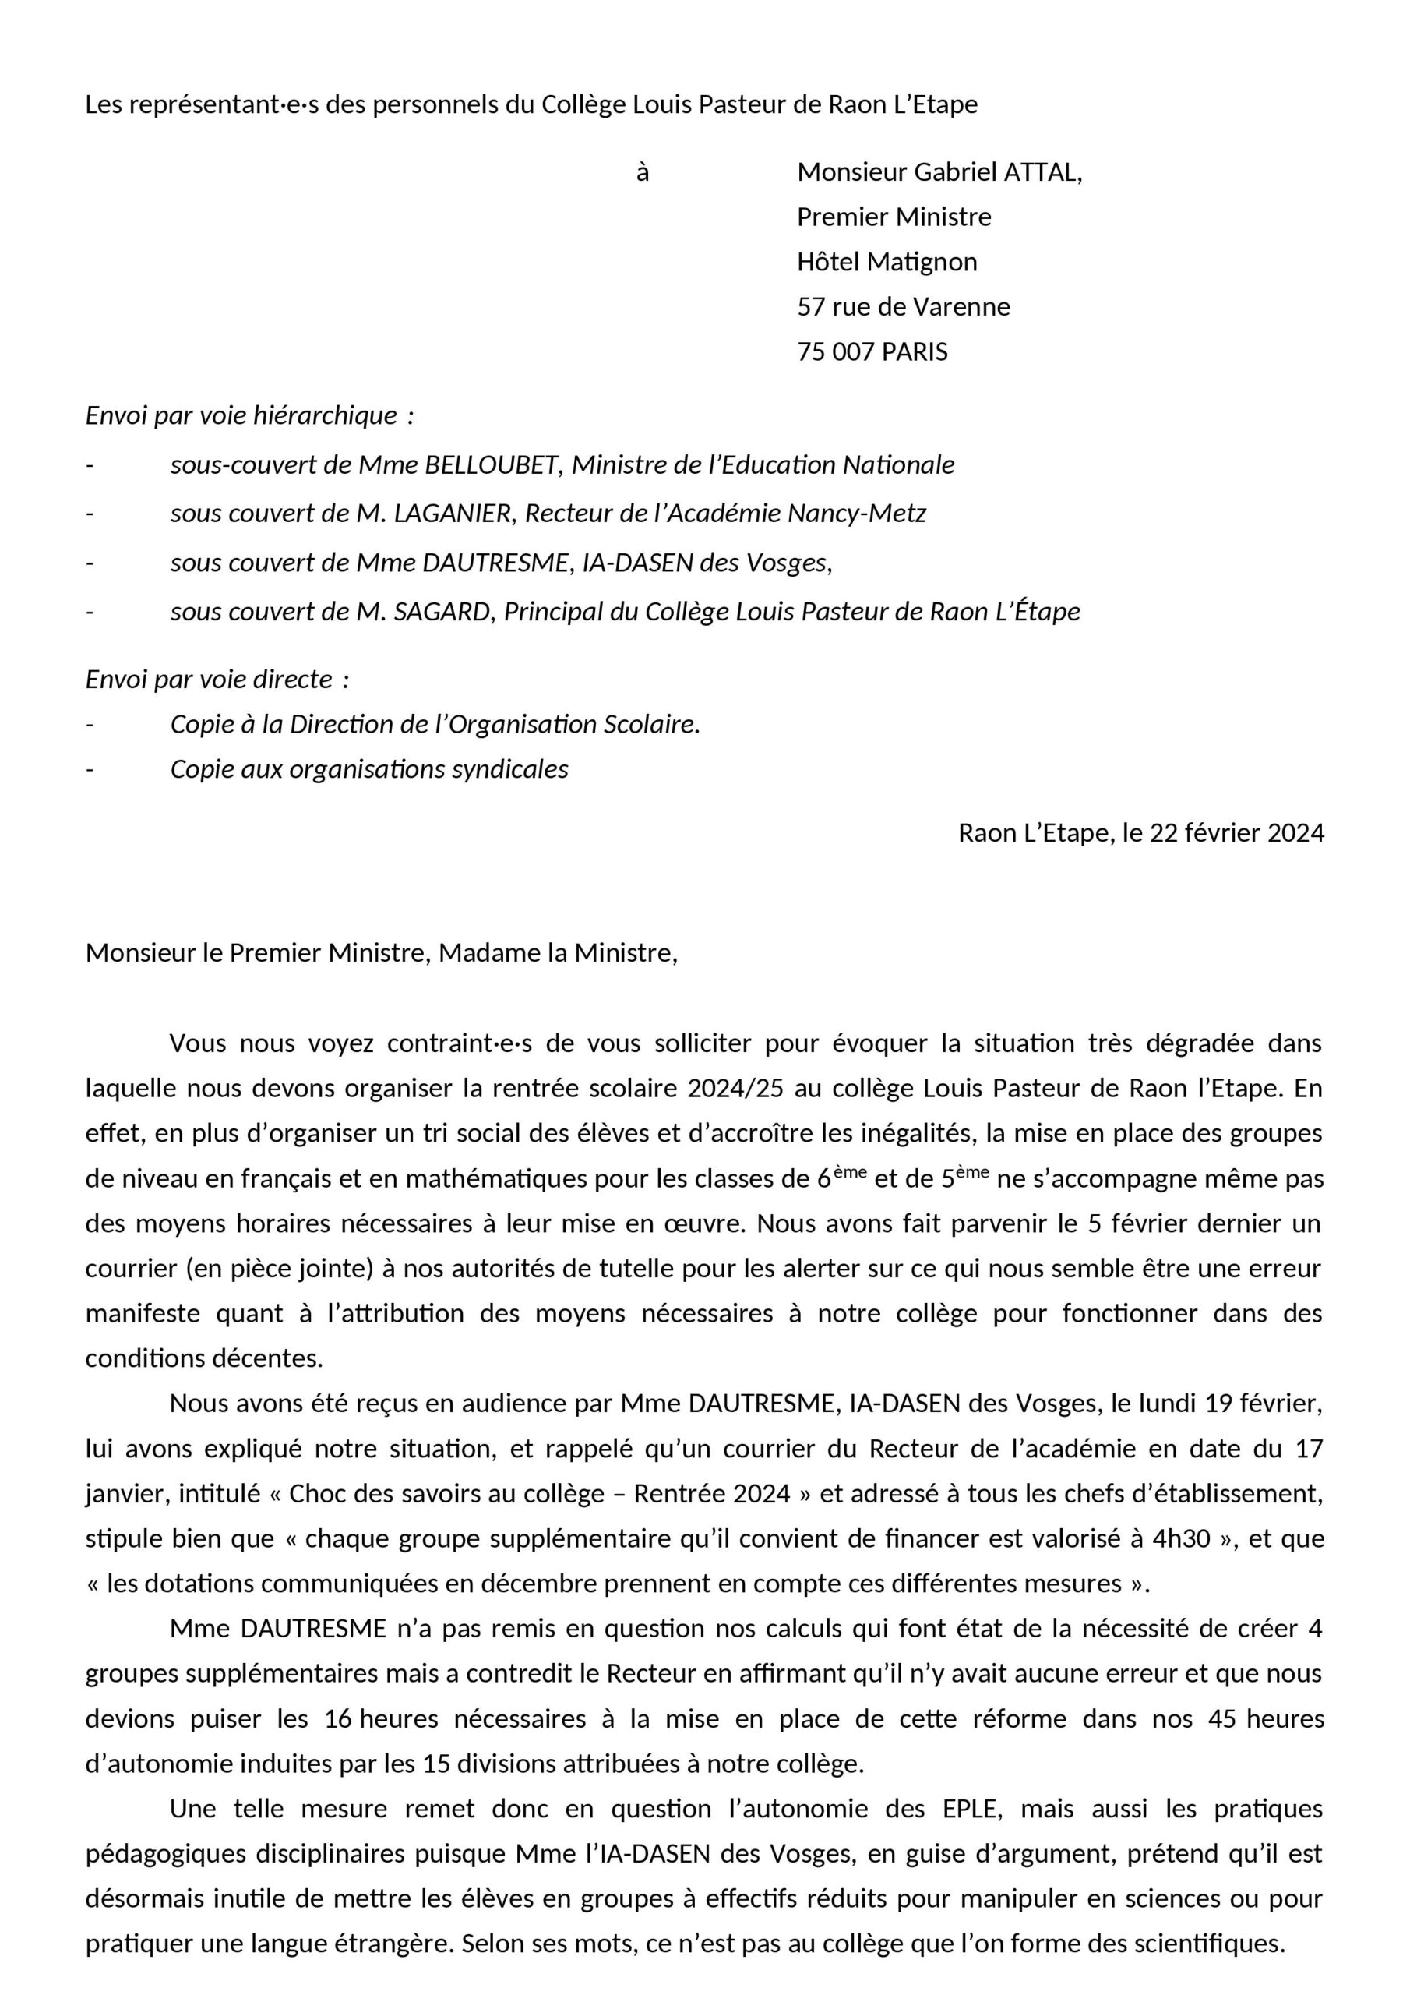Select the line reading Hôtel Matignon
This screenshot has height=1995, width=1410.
pyautogui.click(x=887, y=262)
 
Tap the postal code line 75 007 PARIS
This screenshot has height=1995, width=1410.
pyautogui.click(x=872, y=352)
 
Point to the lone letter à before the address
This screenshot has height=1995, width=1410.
pyautogui.click(x=642, y=173)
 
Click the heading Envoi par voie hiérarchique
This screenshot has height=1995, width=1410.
pyautogui.click(x=249, y=416)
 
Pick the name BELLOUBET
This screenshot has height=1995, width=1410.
pyautogui.click(x=491, y=466)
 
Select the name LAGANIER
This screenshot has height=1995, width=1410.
pyautogui.click(x=453, y=514)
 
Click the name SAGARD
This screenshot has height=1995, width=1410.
pyautogui.click(x=443, y=612)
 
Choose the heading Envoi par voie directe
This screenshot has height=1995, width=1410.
pyautogui.click(x=217, y=679)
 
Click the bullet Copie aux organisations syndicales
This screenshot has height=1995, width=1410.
pyautogui.click(x=368, y=770)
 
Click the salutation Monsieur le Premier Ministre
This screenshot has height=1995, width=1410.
pyautogui.click(x=257, y=953)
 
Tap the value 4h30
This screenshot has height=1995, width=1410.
pyautogui.click(x=1182, y=1539)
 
